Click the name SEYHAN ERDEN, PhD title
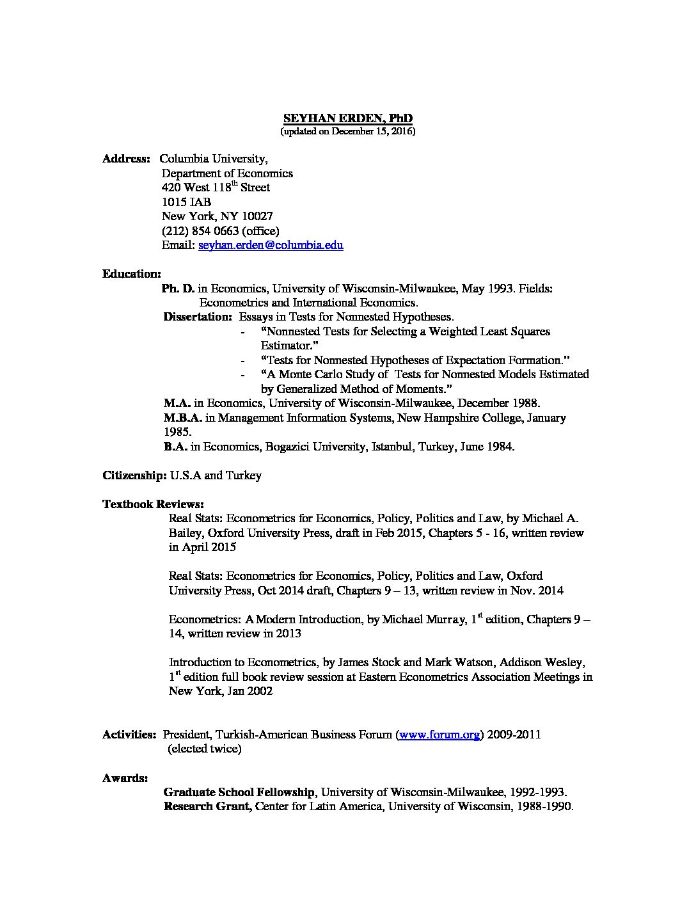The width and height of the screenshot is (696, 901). pos(348,118)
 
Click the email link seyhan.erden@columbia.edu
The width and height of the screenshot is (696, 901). pos(271,245)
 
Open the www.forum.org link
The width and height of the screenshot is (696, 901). pos(439,735)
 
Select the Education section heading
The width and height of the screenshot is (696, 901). pos(132,274)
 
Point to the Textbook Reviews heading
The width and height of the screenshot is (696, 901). pos(154,504)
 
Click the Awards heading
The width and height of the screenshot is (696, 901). pos(125,778)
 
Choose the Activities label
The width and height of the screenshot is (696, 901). pos(129,735)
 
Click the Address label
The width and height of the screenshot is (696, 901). pos(126,159)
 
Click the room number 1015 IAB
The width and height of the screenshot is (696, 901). pos(186,202)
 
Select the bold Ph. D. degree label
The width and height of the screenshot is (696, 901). pos(178,289)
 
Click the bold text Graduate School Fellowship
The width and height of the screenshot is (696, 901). pos(239,792)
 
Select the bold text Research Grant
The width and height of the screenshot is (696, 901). pos(207,806)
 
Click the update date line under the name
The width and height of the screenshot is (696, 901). pos(348,132)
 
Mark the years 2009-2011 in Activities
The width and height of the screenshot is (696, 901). pos(514,735)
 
